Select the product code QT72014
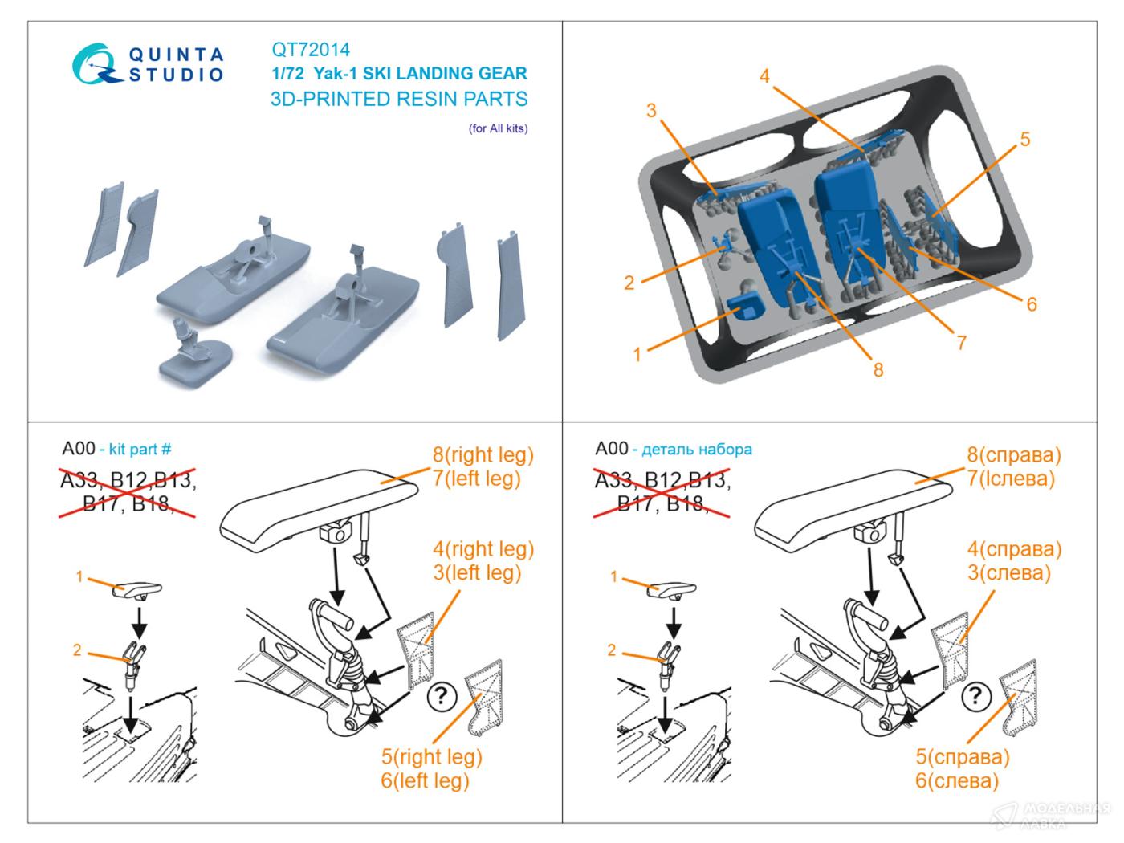[311, 50]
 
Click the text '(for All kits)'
[498, 128]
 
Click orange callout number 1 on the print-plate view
[637, 354]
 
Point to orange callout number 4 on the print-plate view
[764, 76]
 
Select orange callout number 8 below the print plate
[878, 369]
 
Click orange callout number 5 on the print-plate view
[1024, 140]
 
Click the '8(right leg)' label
[483, 455]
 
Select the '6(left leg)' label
[425, 780]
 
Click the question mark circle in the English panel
[441, 695]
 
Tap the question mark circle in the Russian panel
[975, 695]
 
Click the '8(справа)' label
[1013, 455]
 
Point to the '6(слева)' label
[957, 780]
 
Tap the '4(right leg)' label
[483, 549]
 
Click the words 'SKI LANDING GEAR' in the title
[446, 74]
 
